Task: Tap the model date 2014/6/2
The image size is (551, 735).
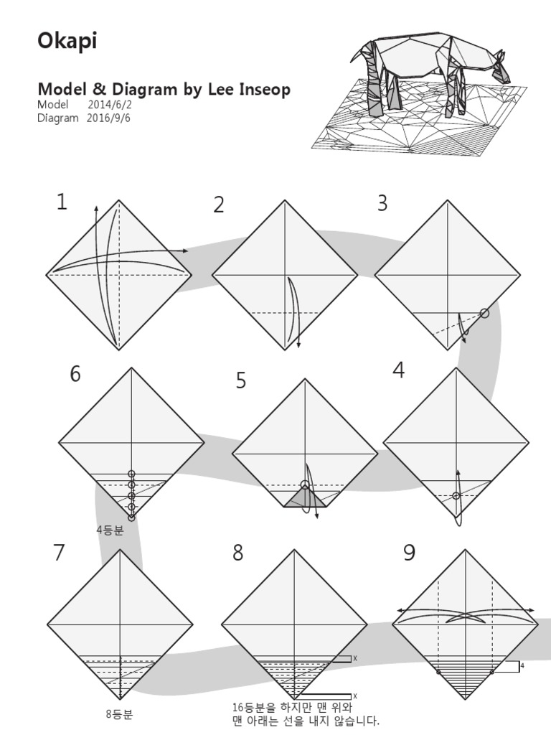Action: (x=110, y=105)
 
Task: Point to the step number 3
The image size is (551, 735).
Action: (x=382, y=203)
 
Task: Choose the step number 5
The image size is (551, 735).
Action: (x=240, y=381)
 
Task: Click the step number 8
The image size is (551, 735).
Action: (x=237, y=553)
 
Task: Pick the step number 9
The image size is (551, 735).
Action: (x=409, y=553)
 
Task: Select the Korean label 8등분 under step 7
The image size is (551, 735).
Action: (x=119, y=714)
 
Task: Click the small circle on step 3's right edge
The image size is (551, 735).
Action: (x=485, y=312)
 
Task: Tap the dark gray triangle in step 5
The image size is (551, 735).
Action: (x=305, y=497)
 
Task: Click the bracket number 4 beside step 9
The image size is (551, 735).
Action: (x=522, y=667)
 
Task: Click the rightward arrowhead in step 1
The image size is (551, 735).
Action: (x=186, y=251)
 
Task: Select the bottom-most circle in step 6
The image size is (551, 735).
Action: (x=132, y=517)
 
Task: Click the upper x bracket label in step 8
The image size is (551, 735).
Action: (x=354, y=658)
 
